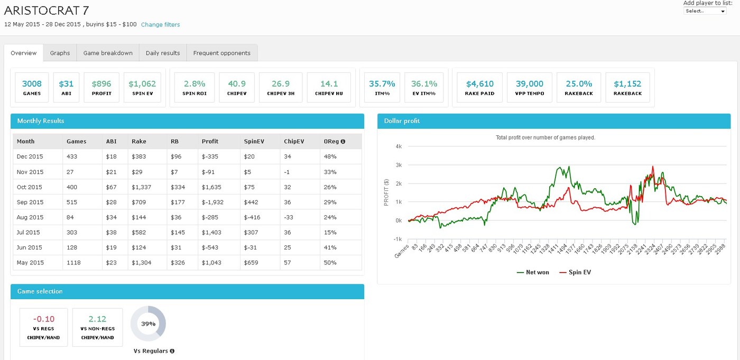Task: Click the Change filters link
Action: point(160,24)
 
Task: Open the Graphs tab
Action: point(60,53)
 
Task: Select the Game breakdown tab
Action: point(108,53)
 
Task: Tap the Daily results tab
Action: point(163,53)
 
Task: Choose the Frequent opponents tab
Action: point(222,53)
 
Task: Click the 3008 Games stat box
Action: point(32,88)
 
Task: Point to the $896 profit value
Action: point(101,84)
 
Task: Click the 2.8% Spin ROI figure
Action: point(195,84)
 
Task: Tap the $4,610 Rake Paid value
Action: point(480,84)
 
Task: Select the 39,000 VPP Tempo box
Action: point(530,88)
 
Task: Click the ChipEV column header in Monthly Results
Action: point(294,141)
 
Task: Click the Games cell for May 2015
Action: point(73,263)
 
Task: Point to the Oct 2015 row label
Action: point(30,187)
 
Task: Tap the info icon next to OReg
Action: point(343,141)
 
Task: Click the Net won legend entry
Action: point(533,272)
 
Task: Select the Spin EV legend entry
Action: point(575,272)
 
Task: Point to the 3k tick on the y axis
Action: point(399,165)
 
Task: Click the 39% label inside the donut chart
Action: point(148,324)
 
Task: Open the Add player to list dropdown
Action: point(705,11)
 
